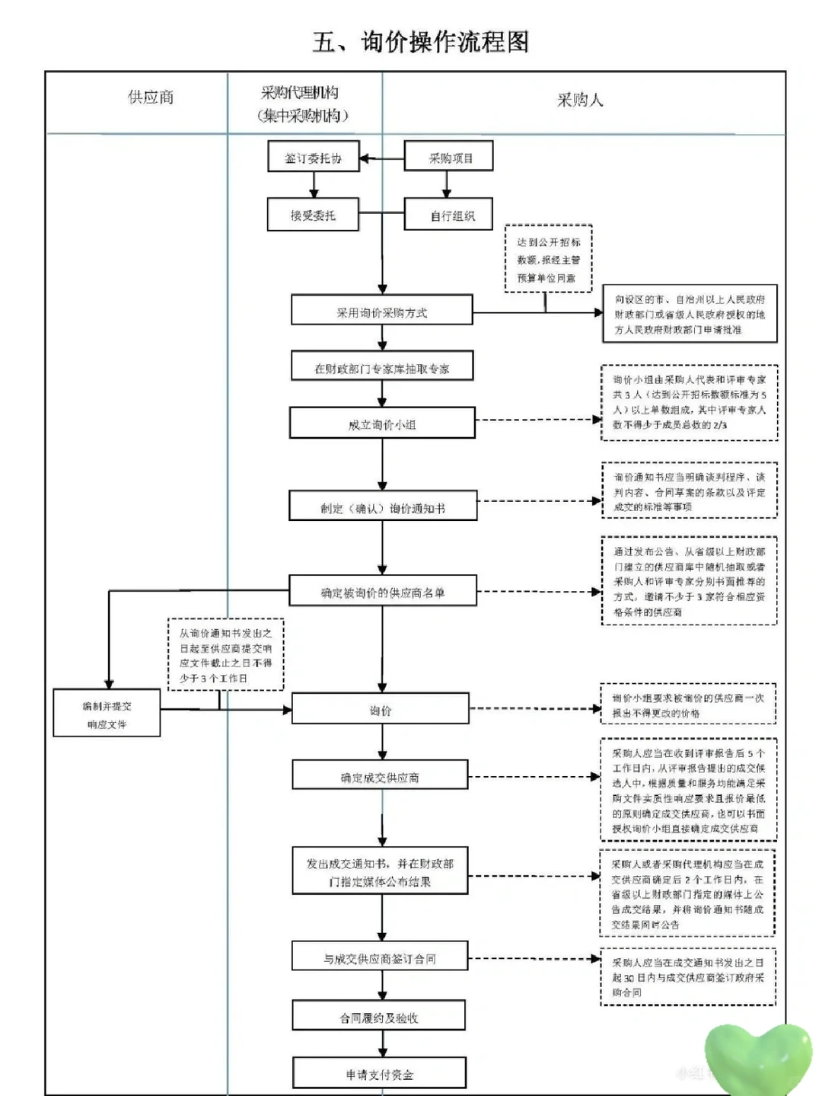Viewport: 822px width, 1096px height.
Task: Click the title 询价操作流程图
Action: click(420, 42)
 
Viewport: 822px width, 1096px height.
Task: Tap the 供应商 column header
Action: click(151, 97)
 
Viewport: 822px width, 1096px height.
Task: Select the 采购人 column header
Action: click(580, 100)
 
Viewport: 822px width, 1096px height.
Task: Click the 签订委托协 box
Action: click(313, 158)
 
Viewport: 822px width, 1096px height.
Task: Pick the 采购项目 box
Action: click(449, 158)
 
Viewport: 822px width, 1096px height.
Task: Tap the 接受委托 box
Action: click(313, 216)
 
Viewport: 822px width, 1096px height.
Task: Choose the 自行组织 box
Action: click(449, 216)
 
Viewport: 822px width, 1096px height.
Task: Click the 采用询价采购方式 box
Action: click(382, 312)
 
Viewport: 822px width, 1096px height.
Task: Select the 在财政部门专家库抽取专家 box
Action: click(382, 368)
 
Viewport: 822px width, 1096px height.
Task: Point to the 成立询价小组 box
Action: click(382, 424)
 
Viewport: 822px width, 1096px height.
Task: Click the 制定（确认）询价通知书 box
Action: click(382, 507)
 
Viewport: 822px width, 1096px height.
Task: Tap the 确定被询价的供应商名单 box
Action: click(382, 592)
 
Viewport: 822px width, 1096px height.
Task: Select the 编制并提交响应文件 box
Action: click(107, 714)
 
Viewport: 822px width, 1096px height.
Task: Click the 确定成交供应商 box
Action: click(380, 777)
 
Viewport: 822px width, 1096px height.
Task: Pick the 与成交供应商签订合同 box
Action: click(380, 958)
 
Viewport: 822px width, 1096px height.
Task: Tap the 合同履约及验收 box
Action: click(379, 1018)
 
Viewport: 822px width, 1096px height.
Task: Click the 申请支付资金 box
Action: click(379, 1074)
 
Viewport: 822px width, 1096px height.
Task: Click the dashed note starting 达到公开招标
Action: click(548, 260)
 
